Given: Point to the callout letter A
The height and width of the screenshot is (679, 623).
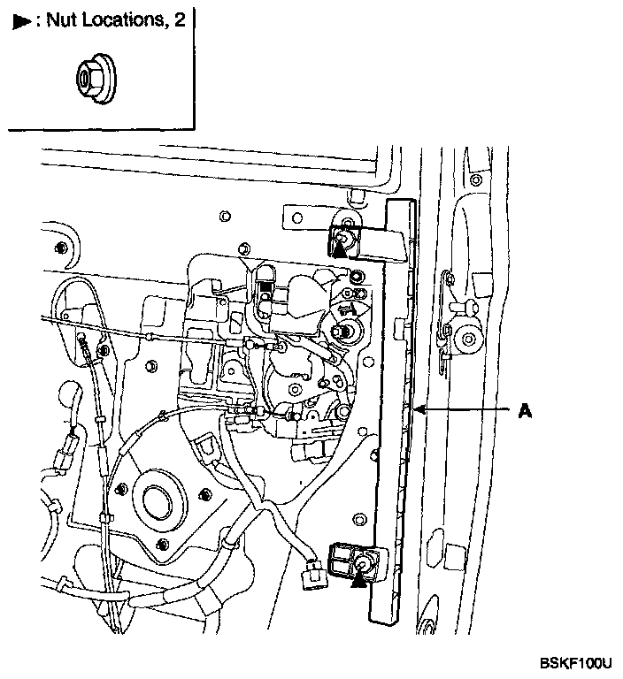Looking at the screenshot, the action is click(x=525, y=410).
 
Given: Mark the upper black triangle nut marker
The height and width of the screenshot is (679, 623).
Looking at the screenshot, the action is click(x=341, y=250).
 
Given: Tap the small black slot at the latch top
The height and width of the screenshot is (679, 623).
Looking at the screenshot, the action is click(x=265, y=286).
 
